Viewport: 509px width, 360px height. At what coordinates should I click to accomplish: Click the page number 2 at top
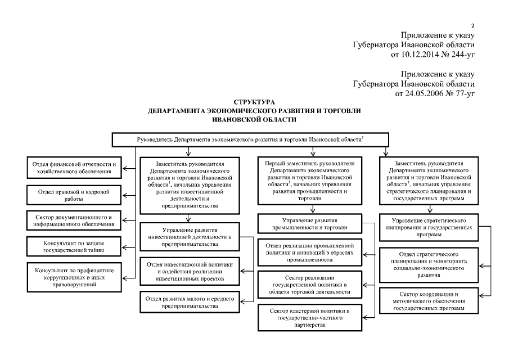(473, 26)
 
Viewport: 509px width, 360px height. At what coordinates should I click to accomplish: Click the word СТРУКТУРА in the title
(248, 102)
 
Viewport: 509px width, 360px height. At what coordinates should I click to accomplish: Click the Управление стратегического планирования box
(429, 225)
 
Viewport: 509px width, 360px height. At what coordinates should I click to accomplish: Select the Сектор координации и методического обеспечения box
(429, 301)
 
